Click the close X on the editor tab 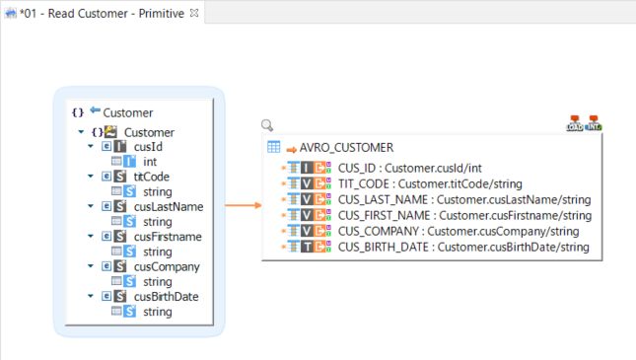[x=194, y=12]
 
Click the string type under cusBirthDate [x=158, y=312]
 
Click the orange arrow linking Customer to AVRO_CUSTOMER [x=240, y=206]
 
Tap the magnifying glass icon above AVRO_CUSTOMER [x=267, y=126]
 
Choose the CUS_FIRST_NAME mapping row [x=464, y=215]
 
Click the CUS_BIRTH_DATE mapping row [x=463, y=247]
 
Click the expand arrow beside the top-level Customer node [x=80, y=132]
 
